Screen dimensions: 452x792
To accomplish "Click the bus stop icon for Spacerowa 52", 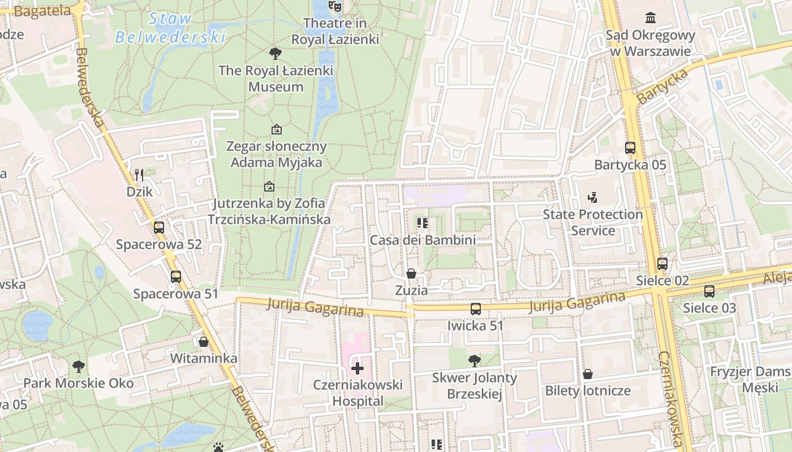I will click(159, 228).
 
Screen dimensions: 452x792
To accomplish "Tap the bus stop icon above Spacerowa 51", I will click(176, 277).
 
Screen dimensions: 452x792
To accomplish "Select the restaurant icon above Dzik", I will click(139, 175).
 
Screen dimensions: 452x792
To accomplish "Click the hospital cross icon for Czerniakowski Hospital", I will click(358, 368).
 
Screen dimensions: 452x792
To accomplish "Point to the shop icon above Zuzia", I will click(411, 273).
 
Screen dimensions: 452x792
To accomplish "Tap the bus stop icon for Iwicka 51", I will click(476, 309).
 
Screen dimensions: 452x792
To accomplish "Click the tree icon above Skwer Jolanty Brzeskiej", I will click(475, 360).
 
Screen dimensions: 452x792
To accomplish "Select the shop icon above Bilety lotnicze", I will click(588, 374).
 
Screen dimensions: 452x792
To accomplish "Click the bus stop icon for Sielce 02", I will click(662, 264).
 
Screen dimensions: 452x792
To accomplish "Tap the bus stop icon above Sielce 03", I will click(709, 292).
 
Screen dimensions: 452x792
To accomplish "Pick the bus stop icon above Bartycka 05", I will click(630, 148).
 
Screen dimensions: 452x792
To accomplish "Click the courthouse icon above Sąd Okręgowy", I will click(651, 18).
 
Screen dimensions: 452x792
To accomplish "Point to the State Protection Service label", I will click(593, 222).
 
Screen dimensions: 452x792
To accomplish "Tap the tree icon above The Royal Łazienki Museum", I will click(276, 54).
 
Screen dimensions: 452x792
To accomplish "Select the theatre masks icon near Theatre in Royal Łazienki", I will click(335, 6).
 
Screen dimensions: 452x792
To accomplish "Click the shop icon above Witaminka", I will click(204, 342).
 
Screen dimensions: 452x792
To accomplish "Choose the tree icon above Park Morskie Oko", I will click(79, 367).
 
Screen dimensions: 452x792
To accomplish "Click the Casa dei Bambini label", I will click(423, 240).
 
